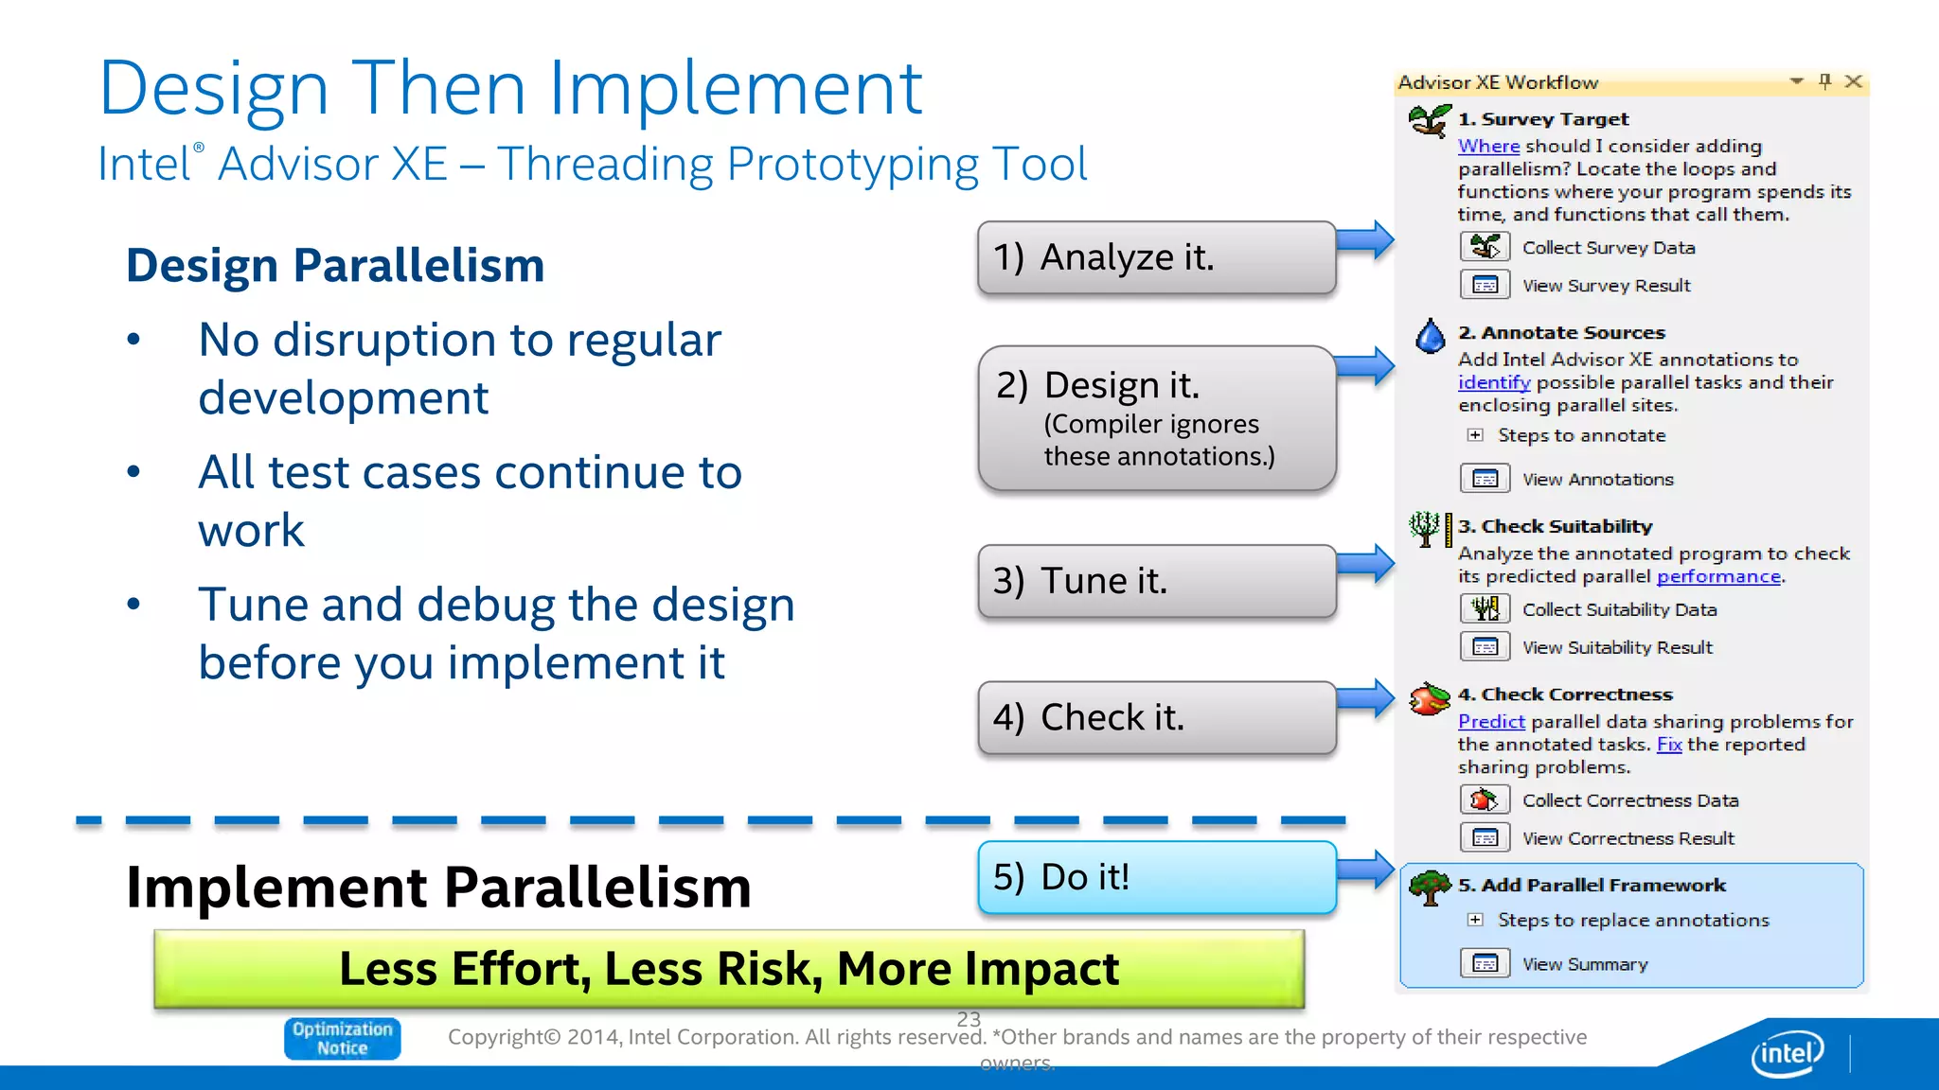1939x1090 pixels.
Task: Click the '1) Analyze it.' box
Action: tap(1156, 257)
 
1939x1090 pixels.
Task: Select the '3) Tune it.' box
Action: tap(1156, 581)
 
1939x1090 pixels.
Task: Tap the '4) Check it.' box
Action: tap(1156, 717)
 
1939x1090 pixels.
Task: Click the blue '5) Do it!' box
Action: tap(1156, 877)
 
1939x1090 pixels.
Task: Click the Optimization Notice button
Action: tap(342, 1038)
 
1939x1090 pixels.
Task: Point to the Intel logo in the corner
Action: tap(1787, 1053)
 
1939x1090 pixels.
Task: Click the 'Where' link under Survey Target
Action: tap(1488, 147)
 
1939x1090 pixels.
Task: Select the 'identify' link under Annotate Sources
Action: tap(1493, 382)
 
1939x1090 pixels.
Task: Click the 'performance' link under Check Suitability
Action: tap(1717, 576)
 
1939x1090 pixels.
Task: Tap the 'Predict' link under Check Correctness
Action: tap(1491, 722)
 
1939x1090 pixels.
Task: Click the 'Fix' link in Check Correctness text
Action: tap(1669, 745)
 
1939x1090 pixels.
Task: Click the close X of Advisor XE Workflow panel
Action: tap(1854, 82)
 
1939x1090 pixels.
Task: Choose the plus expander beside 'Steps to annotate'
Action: tap(1475, 435)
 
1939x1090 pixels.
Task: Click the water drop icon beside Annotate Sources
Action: tap(1430, 336)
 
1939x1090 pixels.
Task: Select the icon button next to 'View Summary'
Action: tap(1485, 964)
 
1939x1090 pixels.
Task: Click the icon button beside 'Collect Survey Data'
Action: tap(1485, 248)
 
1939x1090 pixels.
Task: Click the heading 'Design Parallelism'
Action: tap(335, 265)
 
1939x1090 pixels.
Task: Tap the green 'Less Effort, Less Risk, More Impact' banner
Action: tap(729, 969)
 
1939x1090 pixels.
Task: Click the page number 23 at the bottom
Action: tap(969, 1019)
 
